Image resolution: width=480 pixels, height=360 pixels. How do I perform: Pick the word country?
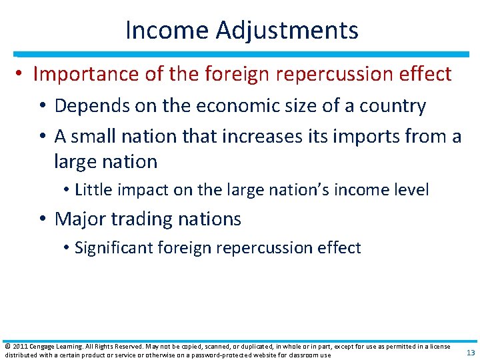click(397, 106)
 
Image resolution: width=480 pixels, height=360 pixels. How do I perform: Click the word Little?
click(93, 190)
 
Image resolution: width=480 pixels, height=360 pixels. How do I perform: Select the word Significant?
click(113, 248)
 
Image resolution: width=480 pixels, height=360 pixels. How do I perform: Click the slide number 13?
click(471, 352)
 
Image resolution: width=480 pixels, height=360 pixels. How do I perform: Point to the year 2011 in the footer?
click(19, 346)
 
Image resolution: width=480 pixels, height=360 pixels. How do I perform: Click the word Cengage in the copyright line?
click(45, 346)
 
